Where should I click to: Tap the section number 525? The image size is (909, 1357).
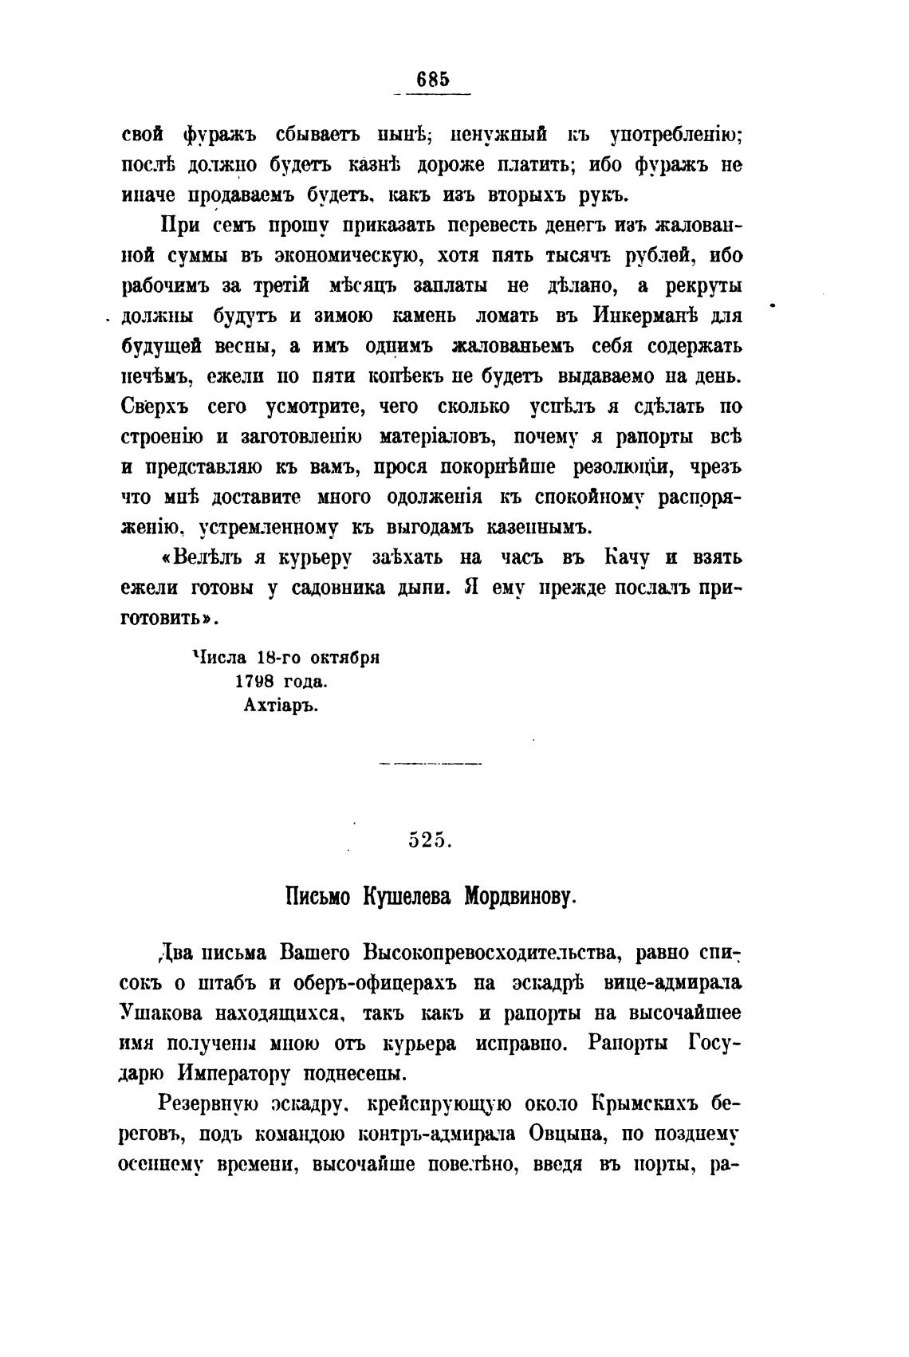(431, 840)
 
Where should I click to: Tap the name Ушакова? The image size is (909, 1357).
(163, 1013)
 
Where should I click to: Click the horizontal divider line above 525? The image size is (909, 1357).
(431, 764)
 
